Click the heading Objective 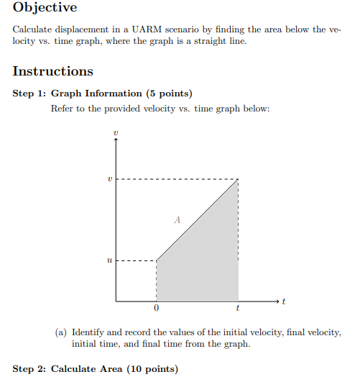pos(45,8)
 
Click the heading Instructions pos(53,71)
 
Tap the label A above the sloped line pos(176,221)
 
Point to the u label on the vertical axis pos(109,260)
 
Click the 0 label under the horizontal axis pos(156,309)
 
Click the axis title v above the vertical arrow pos(116,133)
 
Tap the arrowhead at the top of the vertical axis pos(116,141)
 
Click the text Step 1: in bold pos(29,94)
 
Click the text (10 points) pos(150,369)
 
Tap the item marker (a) pos(61,332)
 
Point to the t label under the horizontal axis pos(238,309)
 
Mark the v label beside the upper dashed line pos(109,179)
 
